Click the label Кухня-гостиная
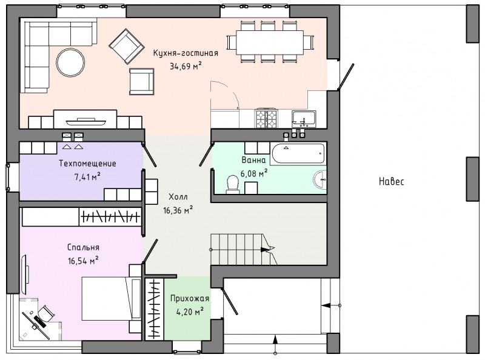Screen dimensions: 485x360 tap(186, 53)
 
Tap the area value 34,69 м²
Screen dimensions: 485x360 tap(186, 66)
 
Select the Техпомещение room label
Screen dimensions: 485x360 tap(87, 163)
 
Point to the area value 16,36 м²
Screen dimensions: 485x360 tap(178, 210)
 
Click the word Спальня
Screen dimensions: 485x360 tap(83, 247)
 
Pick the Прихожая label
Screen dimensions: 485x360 tap(190, 298)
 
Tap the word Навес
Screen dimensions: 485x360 tap(391, 181)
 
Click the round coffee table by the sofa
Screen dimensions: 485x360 tap(70, 62)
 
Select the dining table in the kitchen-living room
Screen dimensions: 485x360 tap(270, 42)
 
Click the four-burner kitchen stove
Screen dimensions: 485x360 tap(266, 119)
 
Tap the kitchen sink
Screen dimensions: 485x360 tap(304, 119)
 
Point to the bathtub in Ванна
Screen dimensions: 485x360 tap(298, 153)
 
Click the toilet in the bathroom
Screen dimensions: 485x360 tap(233, 185)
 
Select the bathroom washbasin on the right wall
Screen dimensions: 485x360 tap(320, 179)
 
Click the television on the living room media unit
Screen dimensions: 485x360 tap(85, 122)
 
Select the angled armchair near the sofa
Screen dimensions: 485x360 tap(127, 46)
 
